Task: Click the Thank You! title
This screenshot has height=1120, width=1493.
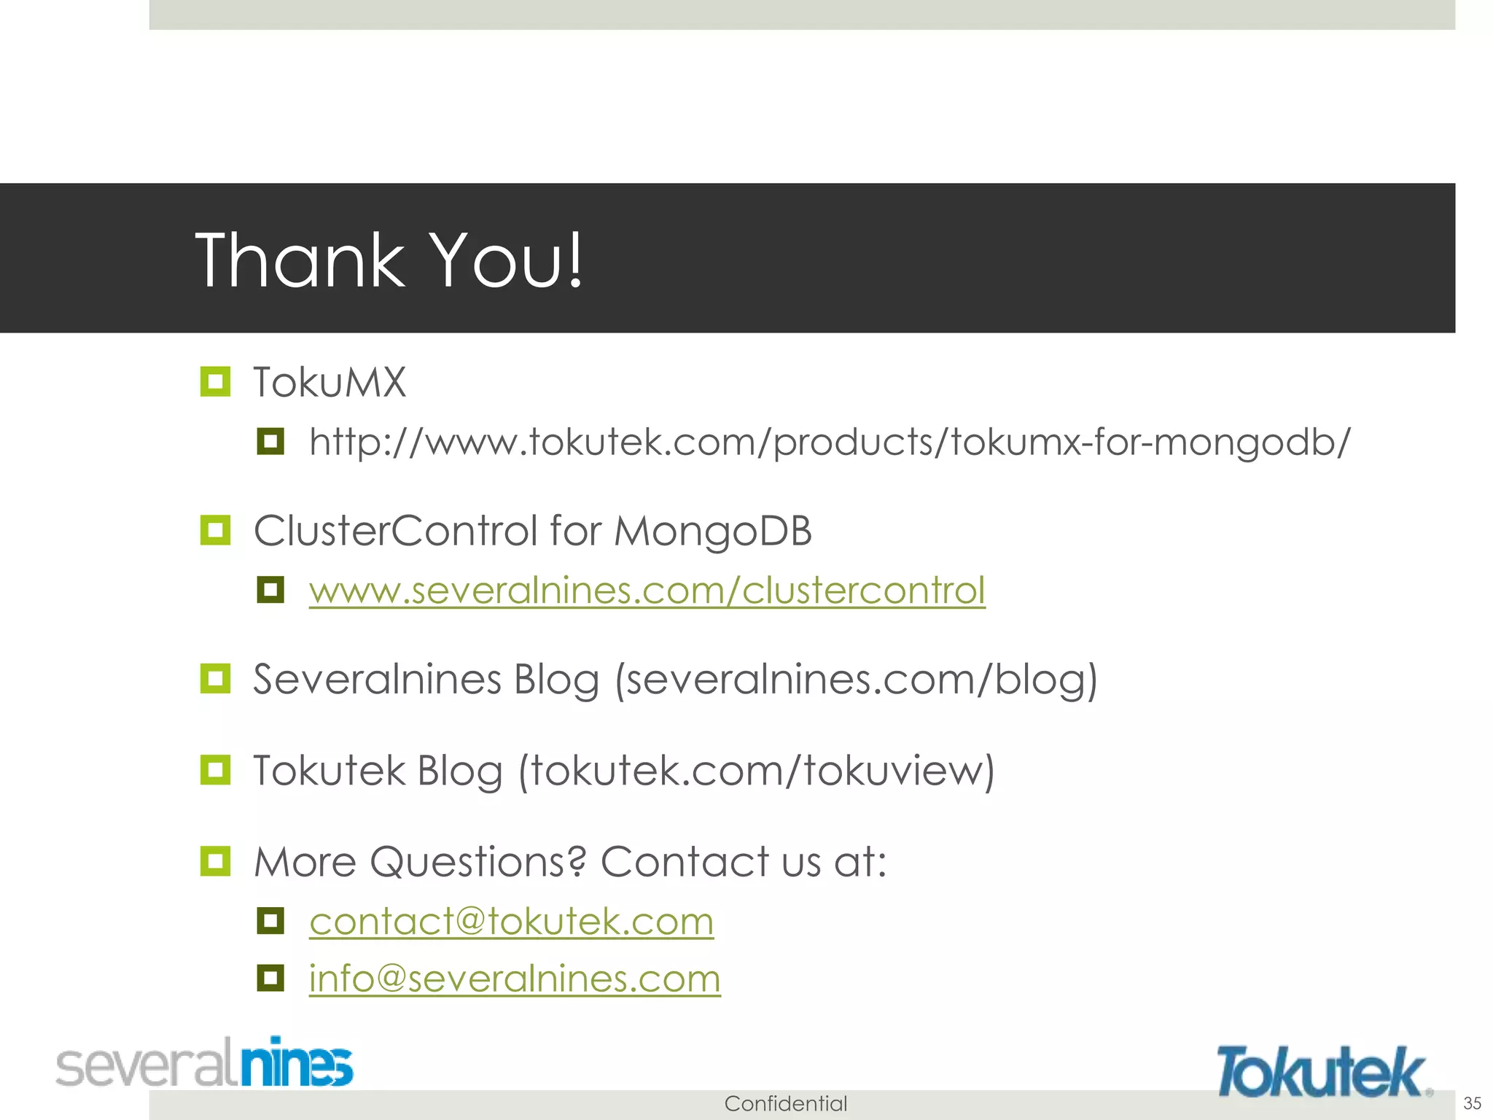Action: [x=389, y=260]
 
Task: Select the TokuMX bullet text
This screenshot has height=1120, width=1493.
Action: [x=330, y=382]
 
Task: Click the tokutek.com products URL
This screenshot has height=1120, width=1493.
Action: [x=830, y=442]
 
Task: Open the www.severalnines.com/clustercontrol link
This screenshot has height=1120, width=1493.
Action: [x=647, y=590]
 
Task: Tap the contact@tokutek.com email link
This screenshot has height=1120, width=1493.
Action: [x=511, y=921]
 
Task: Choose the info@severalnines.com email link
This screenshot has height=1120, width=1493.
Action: [x=515, y=978]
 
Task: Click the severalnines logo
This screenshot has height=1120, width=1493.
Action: [x=205, y=1064]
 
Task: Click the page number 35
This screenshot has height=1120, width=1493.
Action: [x=1472, y=1102]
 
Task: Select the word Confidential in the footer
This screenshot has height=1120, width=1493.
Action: [x=785, y=1103]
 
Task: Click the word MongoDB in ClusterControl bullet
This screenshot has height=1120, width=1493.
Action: [x=712, y=531]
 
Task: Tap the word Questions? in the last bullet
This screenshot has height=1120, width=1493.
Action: [x=477, y=862]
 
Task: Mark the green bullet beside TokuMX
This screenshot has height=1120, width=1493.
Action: [x=215, y=381]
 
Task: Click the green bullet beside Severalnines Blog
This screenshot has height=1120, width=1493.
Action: [x=215, y=679]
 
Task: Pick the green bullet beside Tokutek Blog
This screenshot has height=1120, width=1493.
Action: [x=215, y=770]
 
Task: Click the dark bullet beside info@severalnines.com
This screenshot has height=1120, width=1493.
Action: [x=270, y=977]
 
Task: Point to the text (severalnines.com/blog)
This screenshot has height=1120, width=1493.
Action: [x=856, y=680]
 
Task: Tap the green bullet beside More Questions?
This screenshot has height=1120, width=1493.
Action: [x=215, y=861]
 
